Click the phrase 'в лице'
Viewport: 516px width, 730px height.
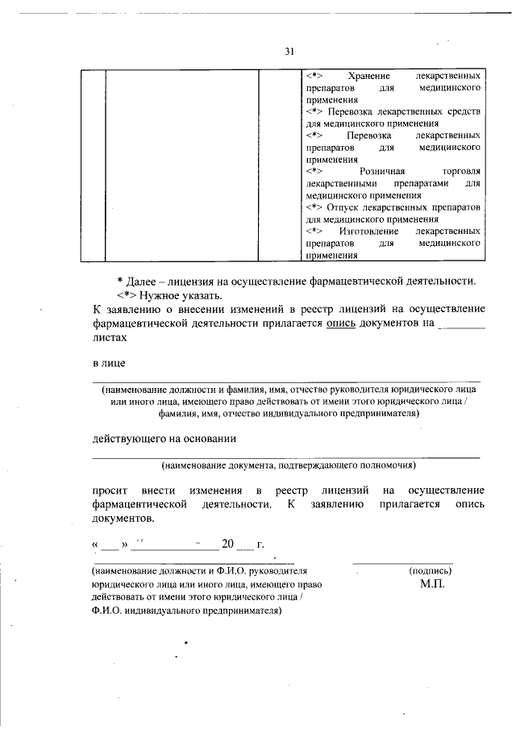[x=107, y=364]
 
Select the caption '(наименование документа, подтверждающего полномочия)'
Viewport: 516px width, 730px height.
[x=288, y=465]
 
